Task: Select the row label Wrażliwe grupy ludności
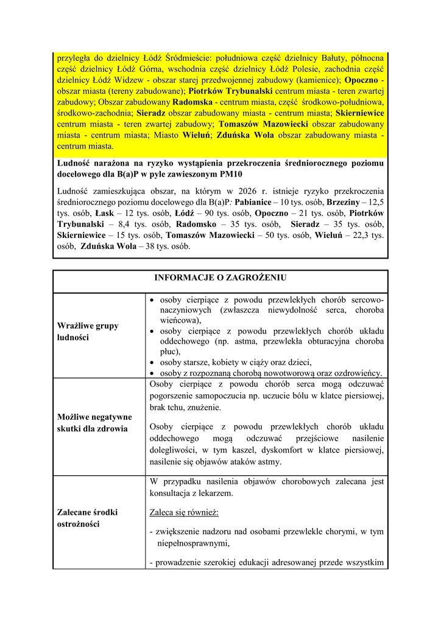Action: coord(88,332)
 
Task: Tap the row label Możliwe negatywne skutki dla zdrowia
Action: coord(94,423)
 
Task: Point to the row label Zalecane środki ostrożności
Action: coord(88,518)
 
